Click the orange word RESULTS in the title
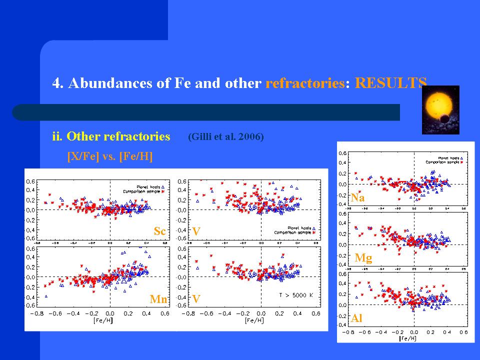390,83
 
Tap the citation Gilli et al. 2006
225,137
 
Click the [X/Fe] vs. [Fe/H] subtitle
109,156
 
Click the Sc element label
159,231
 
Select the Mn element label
158,299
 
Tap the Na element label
357,197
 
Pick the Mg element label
363,258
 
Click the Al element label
356,318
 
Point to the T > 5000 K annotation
295,295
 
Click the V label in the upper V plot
196,231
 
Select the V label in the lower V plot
196,299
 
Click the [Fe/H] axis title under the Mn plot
103,320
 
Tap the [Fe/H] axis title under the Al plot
407,338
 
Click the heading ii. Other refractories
111,136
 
